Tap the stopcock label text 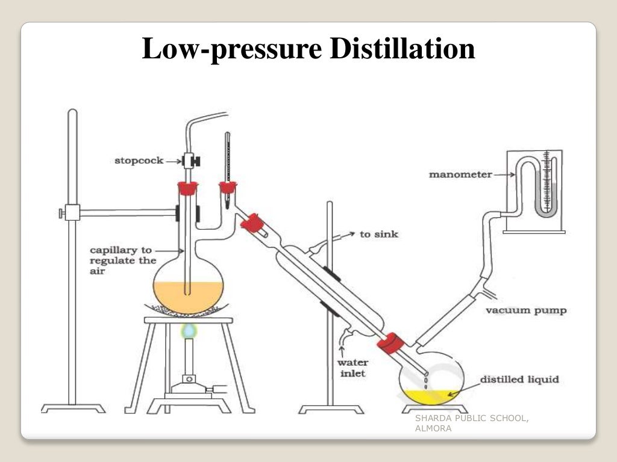click(139, 161)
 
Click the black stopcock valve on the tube click(193, 161)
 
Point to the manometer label click(460, 175)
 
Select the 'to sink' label click(379, 234)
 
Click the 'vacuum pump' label click(526, 310)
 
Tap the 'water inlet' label click(353, 368)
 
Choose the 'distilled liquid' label click(519, 380)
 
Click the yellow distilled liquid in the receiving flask click(429, 396)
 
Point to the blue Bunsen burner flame click(189, 330)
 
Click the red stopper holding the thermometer click(227, 188)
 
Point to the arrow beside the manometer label click(505, 175)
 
